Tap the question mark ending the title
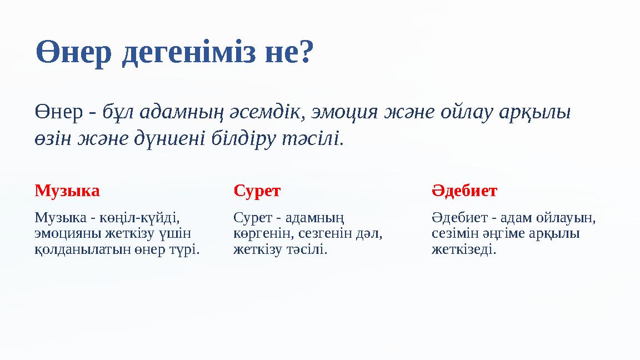pos(306,53)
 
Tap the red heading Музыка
pos(67,191)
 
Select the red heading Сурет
pos(257,191)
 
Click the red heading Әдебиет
pos(464,191)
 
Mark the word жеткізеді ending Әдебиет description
pos(464,249)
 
